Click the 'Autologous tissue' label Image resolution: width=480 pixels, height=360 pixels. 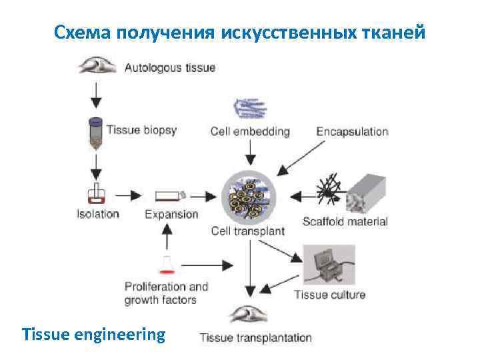click(x=170, y=67)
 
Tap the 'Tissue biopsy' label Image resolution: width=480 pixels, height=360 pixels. click(x=141, y=129)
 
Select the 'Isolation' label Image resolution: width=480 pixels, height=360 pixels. click(x=97, y=214)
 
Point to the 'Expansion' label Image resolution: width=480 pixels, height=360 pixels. click(x=171, y=214)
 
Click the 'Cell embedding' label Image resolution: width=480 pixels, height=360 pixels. click(x=250, y=131)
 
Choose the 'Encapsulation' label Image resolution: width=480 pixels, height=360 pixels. click(x=352, y=131)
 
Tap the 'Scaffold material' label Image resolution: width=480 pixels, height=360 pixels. click(x=345, y=221)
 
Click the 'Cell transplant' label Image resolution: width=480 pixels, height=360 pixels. click(x=247, y=231)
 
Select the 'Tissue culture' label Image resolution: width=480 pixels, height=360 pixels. click(x=329, y=294)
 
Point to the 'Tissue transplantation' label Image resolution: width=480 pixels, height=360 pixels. click(x=256, y=337)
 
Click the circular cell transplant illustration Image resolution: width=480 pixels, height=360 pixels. click(x=248, y=195)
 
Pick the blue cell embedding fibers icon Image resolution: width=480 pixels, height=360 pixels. click(x=249, y=109)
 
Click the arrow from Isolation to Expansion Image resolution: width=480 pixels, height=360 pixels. click(x=129, y=195)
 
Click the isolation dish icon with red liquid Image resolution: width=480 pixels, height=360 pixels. click(x=97, y=195)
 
